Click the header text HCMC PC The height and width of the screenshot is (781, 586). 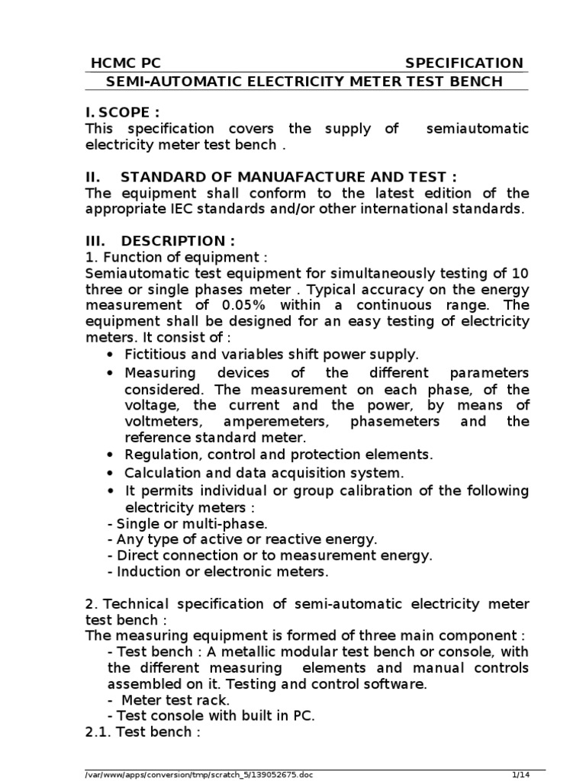[125, 63]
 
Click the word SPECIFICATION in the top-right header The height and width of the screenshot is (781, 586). [464, 63]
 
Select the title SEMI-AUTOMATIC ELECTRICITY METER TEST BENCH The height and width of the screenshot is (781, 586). [306, 82]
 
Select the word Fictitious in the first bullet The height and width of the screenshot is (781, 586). [155, 354]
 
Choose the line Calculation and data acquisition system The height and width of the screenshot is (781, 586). [264, 473]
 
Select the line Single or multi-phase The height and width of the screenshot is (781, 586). [188, 523]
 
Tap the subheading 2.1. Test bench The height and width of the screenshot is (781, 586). [143, 732]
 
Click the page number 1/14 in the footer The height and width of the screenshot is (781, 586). [520, 775]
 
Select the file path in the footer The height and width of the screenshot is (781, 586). [199, 775]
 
